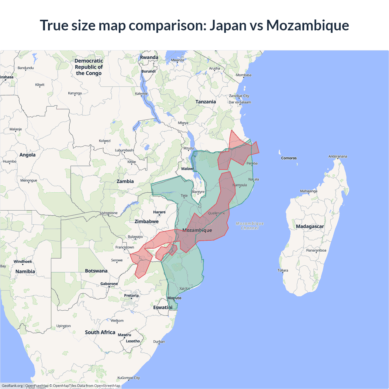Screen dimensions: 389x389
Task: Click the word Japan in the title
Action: (228, 25)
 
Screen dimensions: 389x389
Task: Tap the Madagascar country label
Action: (310, 226)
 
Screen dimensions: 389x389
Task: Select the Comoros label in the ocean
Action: (289, 158)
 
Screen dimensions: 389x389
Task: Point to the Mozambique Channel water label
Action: (250, 225)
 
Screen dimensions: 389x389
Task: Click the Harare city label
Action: (159, 212)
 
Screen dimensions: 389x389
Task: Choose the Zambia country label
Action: (125, 181)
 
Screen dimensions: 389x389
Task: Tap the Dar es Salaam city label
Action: (240, 102)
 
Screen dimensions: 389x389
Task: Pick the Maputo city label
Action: (174, 298)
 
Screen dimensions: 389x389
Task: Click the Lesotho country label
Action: (133, 341)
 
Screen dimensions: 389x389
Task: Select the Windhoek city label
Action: (23, 261)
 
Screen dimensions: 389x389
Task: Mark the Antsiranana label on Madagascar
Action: (338, 157)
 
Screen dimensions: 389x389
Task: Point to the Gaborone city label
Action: (109, 284)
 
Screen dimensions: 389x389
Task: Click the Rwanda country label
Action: (149, 57)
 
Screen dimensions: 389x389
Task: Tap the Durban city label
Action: (159, 342)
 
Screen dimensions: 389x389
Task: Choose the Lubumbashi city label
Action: (124, 150)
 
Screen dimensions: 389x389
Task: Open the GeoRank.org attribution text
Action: (12, 386)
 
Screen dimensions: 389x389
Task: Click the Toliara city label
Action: (283, 270)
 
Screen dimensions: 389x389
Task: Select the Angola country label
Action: (27, 155)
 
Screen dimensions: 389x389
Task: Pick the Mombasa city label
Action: (244, 75)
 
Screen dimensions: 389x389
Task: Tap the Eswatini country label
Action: (163, 308)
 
